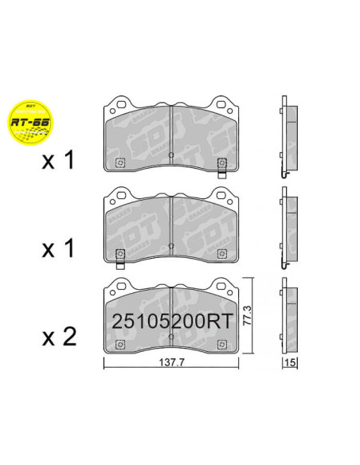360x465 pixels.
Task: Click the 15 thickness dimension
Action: coord(289,363)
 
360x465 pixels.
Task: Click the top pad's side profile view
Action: coord(288,135)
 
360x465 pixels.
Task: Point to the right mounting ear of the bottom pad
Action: coord(222,285)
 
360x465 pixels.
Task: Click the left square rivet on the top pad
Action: coord(120,164)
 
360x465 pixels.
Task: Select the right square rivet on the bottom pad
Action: coord(222,344)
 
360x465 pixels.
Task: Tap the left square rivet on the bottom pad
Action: coord(120,344)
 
